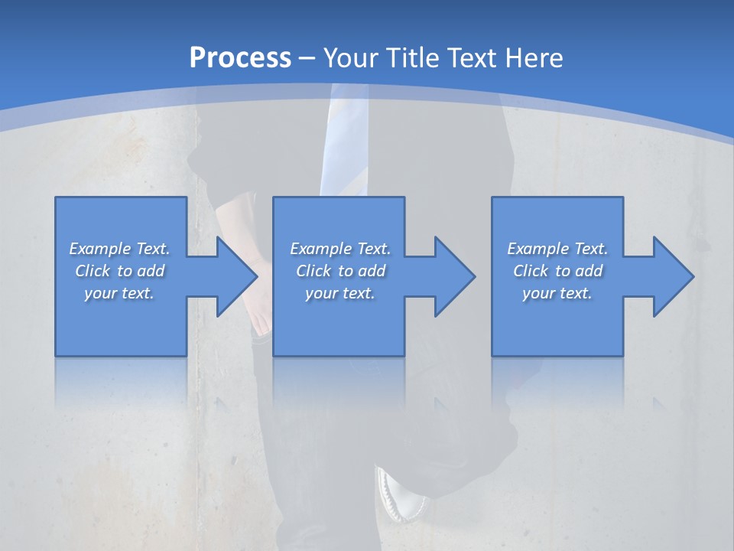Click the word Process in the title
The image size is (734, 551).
click(240, 57)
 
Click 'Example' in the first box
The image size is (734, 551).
click(100, 249)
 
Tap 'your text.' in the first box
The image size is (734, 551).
click(119, 293)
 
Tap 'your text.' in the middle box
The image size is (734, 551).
click(340, 293)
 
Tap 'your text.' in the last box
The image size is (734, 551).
click(557, 293)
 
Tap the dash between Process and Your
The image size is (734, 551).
click(307, 58)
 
